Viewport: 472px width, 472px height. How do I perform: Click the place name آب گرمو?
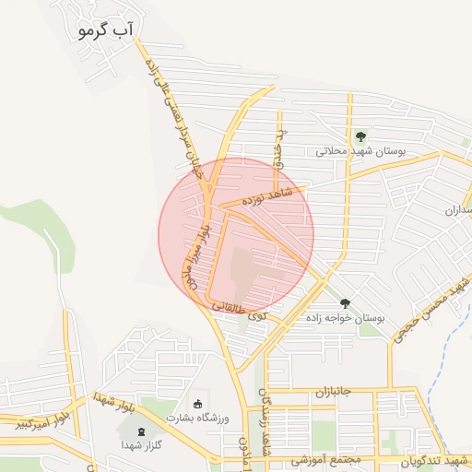pos(107,30)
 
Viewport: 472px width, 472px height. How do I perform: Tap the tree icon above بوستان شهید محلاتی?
pos(360,136)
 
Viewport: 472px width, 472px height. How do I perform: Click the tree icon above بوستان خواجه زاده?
pos(345,303)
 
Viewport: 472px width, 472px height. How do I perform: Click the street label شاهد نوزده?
pos(267,195)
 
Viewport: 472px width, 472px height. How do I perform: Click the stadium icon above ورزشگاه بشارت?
pos(196,404)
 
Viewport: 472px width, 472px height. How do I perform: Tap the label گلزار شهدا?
pos(140,445)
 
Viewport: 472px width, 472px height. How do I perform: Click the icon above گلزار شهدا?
pos(140,431)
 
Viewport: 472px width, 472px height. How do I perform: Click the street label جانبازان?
pos(335,391)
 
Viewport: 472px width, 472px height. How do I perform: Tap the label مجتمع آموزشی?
pos(324,458)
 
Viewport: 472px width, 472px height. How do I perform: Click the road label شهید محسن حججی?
pos(426,313)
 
